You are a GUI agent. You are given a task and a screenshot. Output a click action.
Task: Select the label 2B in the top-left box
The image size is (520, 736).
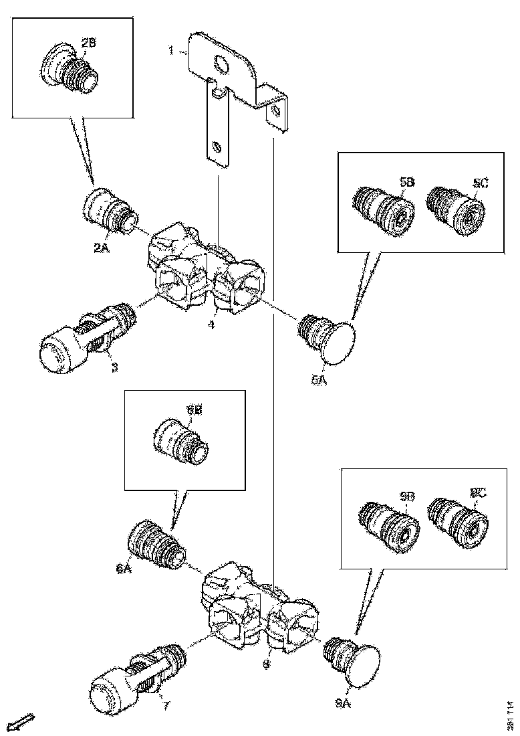pos(89,43)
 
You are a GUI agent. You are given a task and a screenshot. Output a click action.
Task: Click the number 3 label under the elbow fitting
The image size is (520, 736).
pos(114,367)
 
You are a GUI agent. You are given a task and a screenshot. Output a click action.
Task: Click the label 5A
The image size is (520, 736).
pos(317,379)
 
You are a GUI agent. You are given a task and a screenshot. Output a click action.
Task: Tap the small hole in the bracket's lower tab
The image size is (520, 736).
pos(216,145)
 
